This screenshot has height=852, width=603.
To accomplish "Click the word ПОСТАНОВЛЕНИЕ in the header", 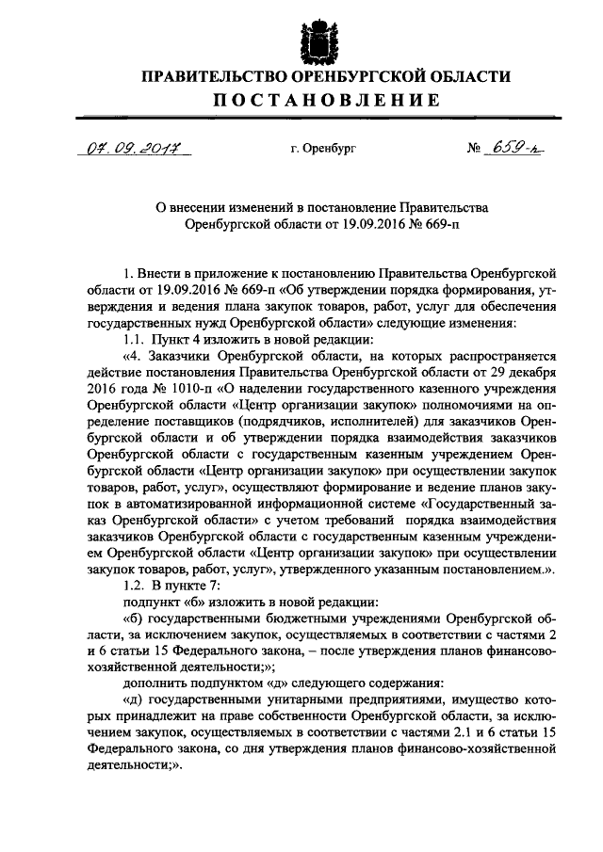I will click(314, 101).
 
